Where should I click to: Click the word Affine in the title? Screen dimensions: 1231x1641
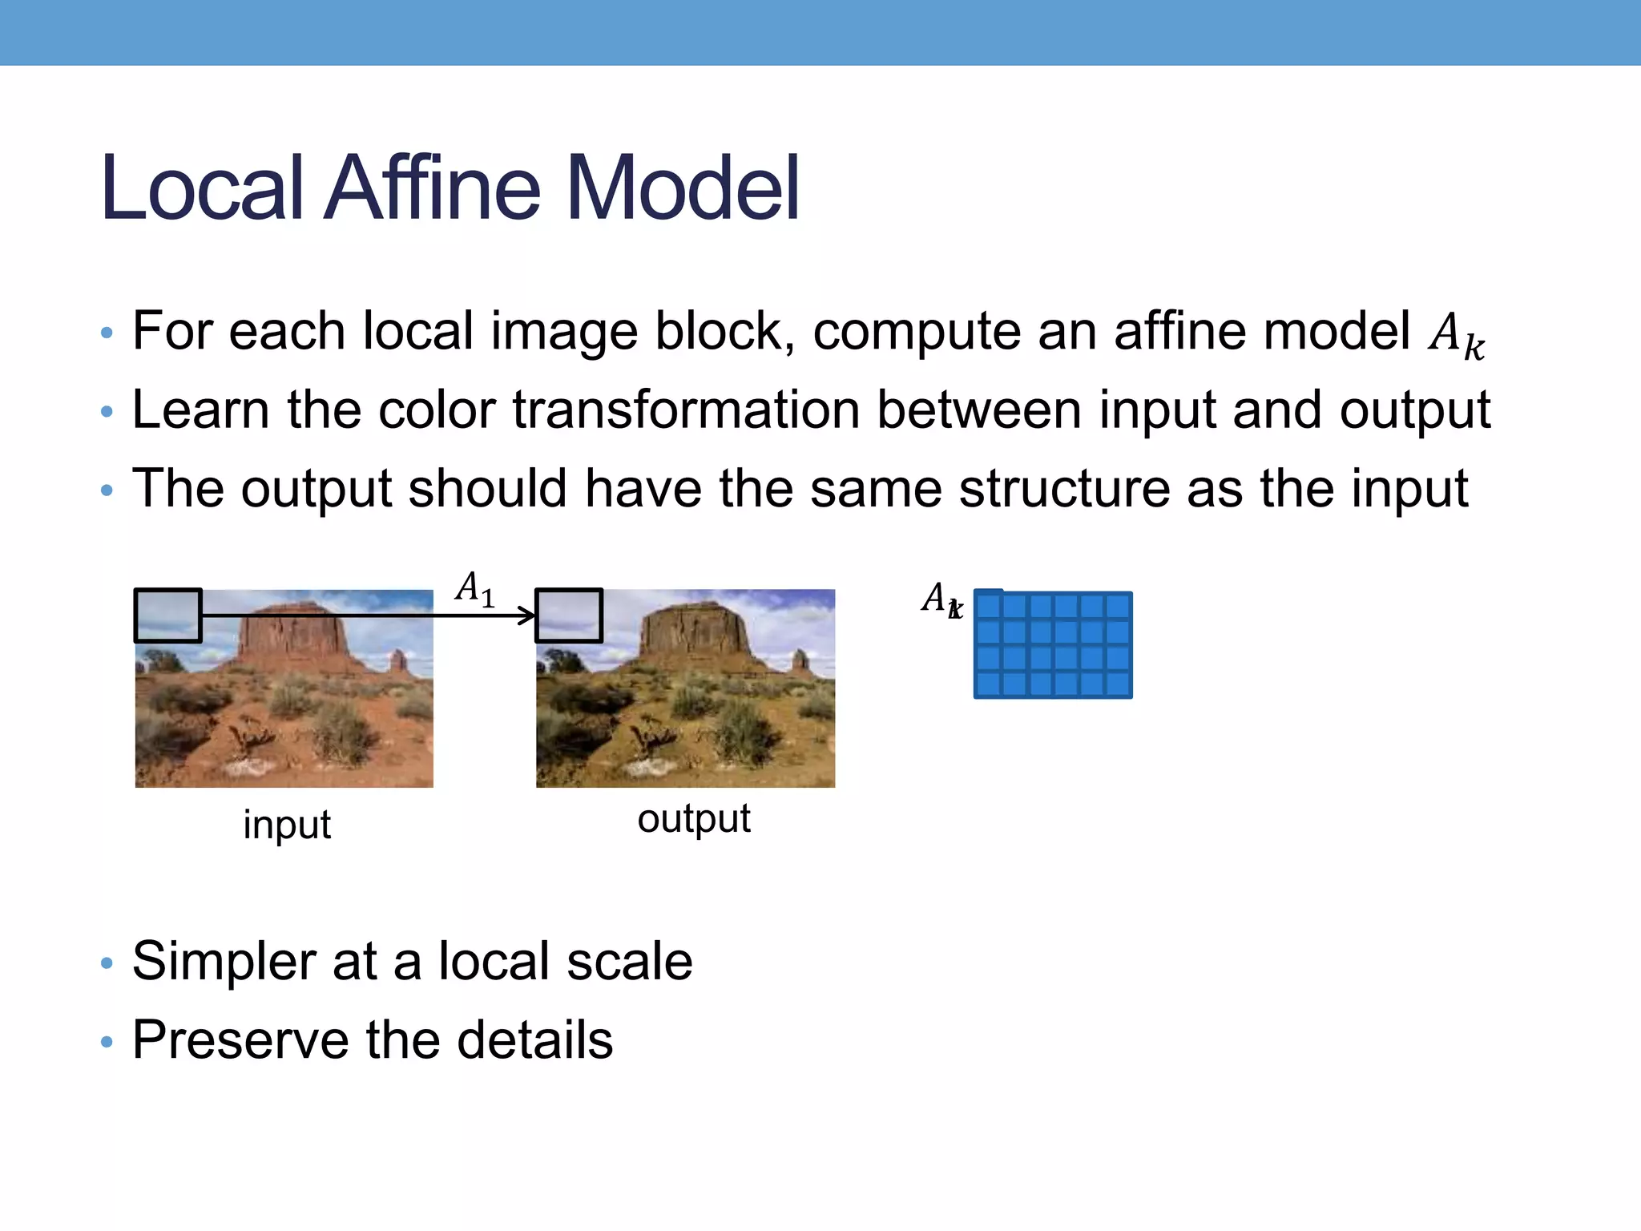click(433, 188)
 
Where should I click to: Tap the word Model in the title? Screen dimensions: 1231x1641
click(682, 188)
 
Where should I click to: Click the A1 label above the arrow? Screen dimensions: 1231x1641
click(474, 589)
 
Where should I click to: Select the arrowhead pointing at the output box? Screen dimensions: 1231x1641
click(528, 615)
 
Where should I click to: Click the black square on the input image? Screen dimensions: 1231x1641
click(167, 615)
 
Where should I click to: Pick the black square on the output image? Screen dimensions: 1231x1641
click(569, 615)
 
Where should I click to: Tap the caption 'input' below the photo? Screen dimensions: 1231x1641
click(287, 825)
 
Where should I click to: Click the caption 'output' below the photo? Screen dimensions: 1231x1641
click(694, 818)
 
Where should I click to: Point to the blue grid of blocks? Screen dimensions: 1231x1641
click(1053, 645)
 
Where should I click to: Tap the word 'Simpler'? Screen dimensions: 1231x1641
click(223, 961)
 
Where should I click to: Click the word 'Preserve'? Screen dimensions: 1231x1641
click(241, 1040)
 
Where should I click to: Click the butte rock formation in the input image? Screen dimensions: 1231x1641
click(292, 633)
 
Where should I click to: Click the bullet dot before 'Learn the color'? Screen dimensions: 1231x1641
click(107, 413)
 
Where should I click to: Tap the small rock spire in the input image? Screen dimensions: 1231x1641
click(397, 662)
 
